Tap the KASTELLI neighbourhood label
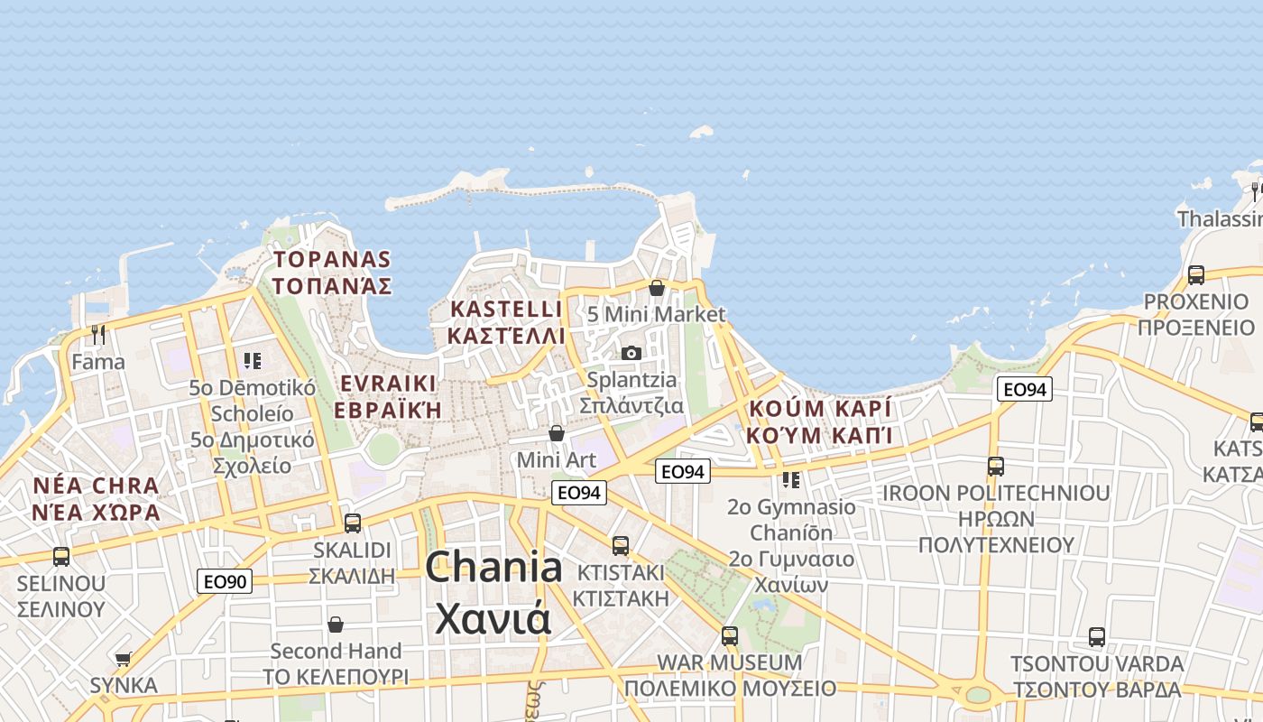click(x=506, y=309)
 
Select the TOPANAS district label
click(x=333, y=260)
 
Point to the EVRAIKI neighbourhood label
click(x=388, y=383)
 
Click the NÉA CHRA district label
click(x=96, y=486)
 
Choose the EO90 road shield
click(x=225, y=581)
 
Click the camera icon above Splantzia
click(x=631, y=353)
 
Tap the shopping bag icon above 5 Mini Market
click(x=657, y=288)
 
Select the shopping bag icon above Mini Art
click(x=557, y=433)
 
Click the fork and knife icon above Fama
click(x=98, y=335)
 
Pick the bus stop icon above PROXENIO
click(x=1196, y=274)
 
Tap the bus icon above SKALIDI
click(x=353, y=523)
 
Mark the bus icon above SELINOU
click(x=61, y=556)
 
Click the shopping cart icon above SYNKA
click(x=124, y=659)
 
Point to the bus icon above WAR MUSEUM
click(x=730, y=635)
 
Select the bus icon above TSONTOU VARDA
click(x=1097, y=636)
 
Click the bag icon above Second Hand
click(x=336, y=625)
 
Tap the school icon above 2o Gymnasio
click(x=791, y=479)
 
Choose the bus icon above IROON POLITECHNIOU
click(x=996, y=466)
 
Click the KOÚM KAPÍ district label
click(x=819, y=408)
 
